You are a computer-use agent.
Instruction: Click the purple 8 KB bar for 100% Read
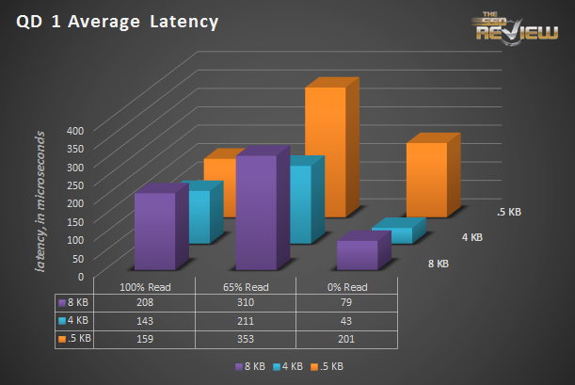coord(154,231)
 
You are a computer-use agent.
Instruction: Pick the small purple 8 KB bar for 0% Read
coord(357,255)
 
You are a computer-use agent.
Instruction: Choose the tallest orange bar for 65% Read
coord(326,151)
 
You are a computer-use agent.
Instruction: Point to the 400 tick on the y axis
coord(74,131)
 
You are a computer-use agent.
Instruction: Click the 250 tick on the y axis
coord(74,185)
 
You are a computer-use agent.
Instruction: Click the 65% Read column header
coord(246,287)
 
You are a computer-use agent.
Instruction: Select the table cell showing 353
coord(246,338)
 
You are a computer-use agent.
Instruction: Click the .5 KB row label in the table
coord(77,338)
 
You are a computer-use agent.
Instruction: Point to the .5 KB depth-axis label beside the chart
coord(508,212)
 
